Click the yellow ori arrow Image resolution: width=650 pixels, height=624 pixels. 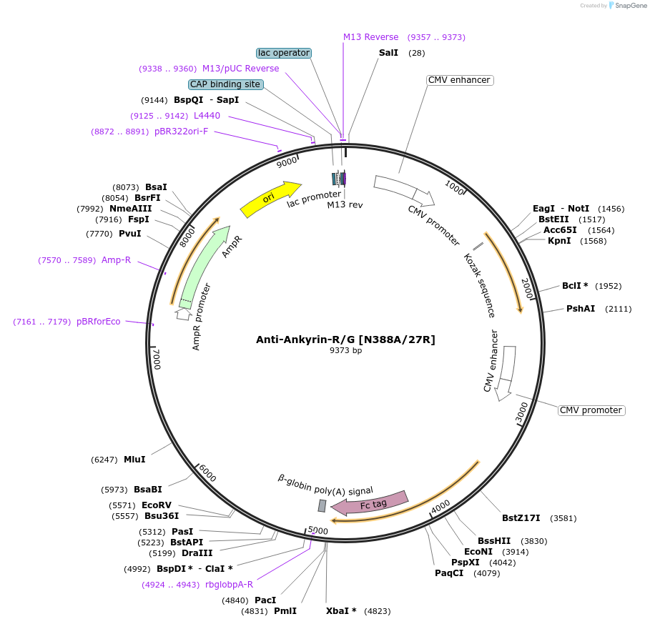270,199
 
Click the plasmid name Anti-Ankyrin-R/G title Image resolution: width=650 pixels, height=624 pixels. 345,340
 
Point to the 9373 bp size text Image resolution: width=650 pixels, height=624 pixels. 345,351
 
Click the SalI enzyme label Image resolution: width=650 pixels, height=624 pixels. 388,54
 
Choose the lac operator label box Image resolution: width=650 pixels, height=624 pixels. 284,53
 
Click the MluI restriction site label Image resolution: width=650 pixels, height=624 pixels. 134,460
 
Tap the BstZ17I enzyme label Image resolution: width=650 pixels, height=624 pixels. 521,518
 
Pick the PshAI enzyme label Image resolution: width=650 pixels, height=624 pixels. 581,309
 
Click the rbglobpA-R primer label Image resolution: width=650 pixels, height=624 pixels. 229,585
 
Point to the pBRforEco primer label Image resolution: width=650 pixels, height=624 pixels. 99,322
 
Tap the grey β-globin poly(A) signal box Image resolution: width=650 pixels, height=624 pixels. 322,505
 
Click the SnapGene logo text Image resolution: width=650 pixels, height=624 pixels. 626,6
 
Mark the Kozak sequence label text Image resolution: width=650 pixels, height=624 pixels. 479,284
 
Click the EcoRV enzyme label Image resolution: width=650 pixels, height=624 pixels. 157,505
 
